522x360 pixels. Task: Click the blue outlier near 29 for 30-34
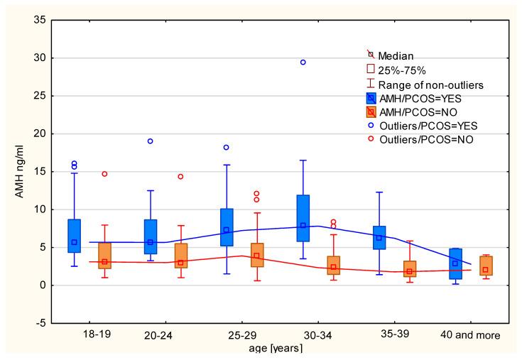pyautogui.click(x=303, y=62)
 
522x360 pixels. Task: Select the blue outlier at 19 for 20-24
pyautogui.click(x=150, y=141)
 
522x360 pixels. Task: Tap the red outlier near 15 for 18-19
pyautogui.click(x=104, y=174)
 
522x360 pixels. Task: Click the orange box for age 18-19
pyautogui.click(x=104, y=256)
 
